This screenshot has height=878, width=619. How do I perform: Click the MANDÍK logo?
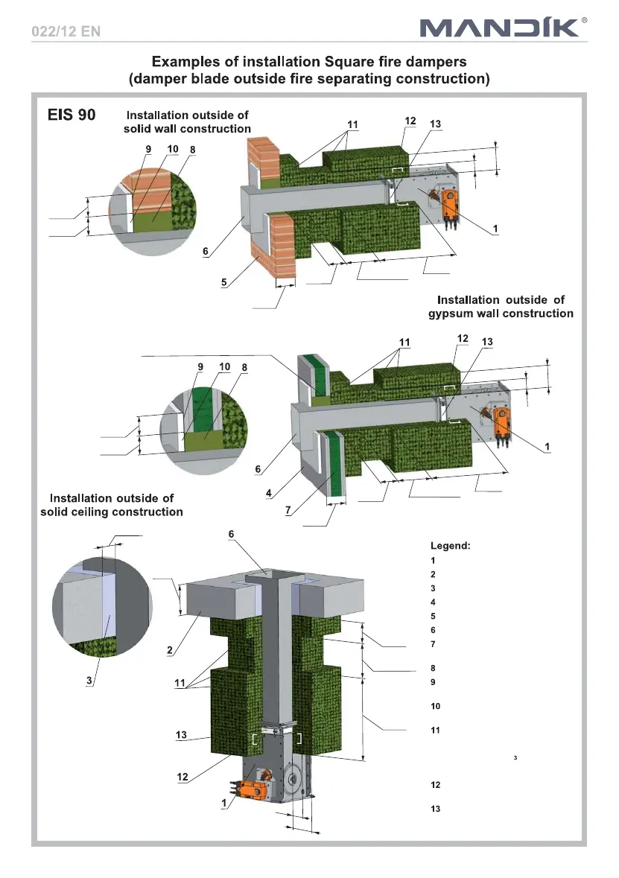pyautogui.click(x=498, y=28)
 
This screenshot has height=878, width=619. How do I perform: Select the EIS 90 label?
pyautogui.click(x=72, y=117)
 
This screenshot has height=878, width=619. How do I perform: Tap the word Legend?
pyautogui.click(x=450, y=546)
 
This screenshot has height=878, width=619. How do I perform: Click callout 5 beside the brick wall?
pyautogui.click(x=223, y=283)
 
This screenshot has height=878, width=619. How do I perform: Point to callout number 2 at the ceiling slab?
pyautogui.click(x=171, y=650)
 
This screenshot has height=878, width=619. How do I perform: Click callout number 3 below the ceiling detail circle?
pyautogui.click(x=90, y=685)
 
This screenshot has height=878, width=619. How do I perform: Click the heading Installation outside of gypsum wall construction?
pyautogui.click(x=501, y=306)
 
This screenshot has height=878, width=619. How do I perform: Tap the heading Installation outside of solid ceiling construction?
pyautogui.click(x=111, y=505)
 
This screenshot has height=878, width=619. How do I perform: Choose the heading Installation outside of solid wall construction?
pyautogui.click(x=187, y=122)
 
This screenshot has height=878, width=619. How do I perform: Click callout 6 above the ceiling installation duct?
pyautogui.click(x=231, y=534)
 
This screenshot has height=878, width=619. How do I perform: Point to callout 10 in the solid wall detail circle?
pyautogui.click(x=173, y=149)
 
